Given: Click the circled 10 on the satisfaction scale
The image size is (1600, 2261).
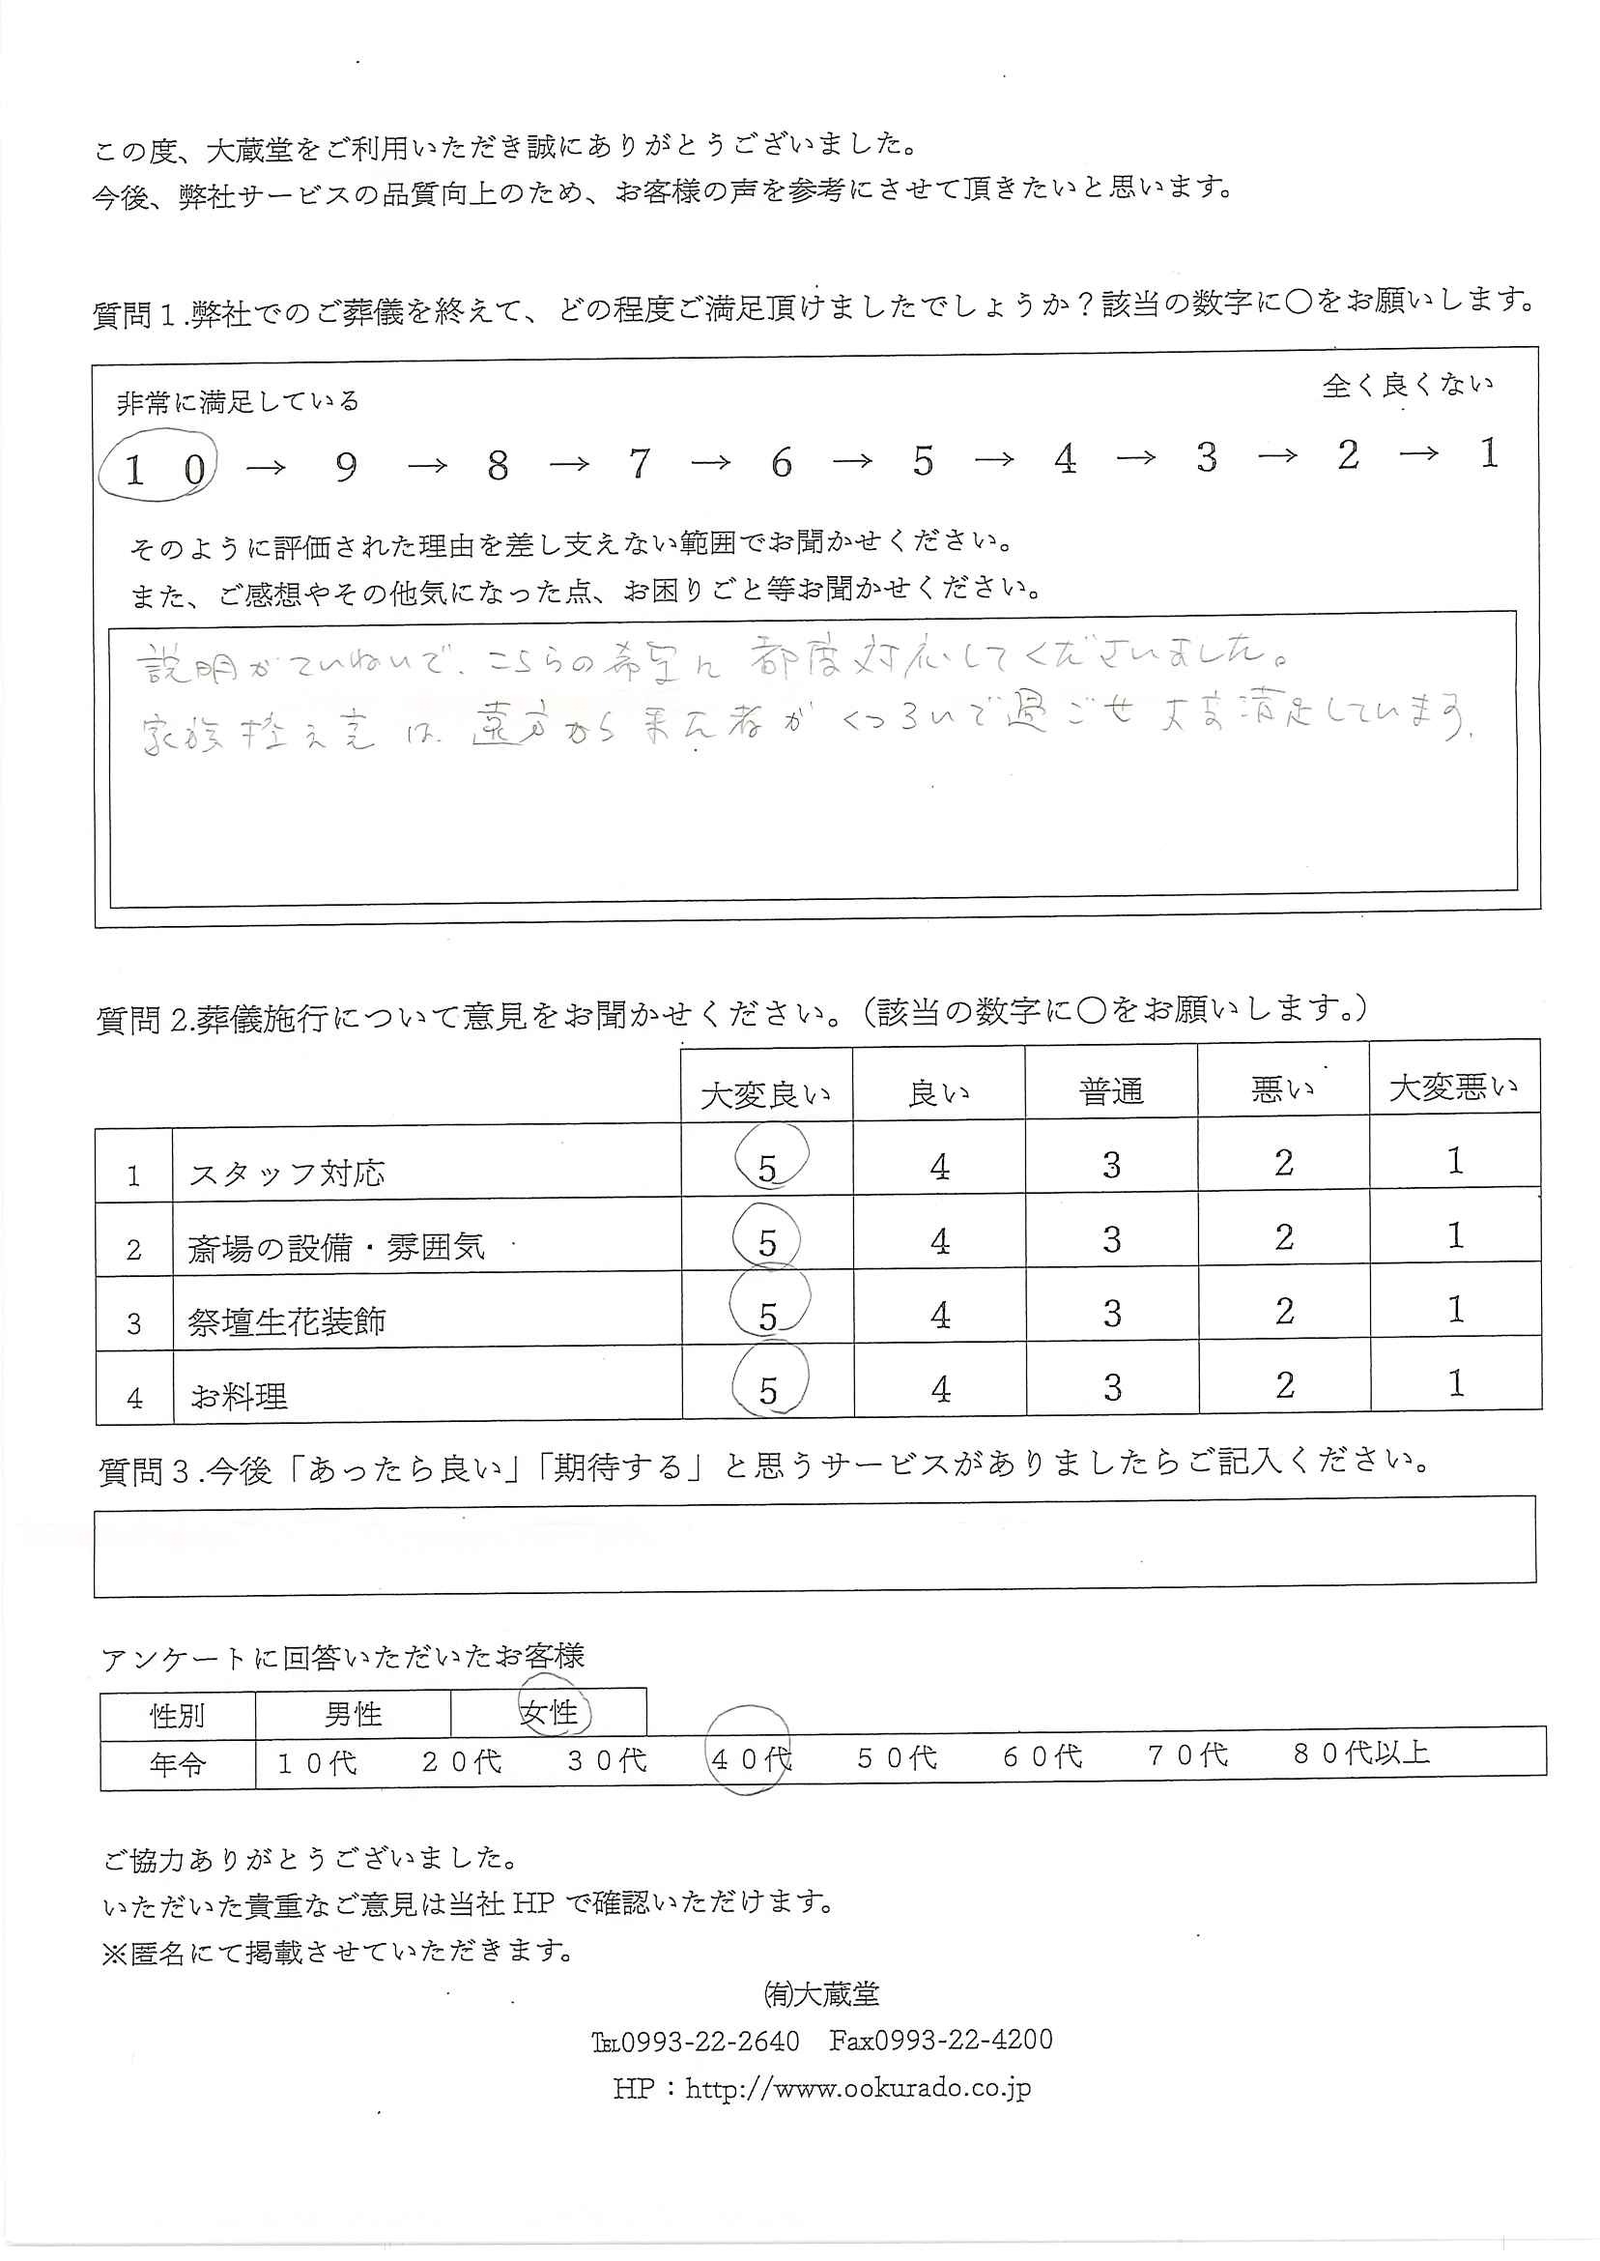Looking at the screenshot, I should [159, 469].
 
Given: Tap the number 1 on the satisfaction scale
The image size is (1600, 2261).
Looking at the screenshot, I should [1489, 453].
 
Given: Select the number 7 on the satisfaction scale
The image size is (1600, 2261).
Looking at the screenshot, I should [640, 462].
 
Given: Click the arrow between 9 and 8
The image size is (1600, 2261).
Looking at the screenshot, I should [427, 465].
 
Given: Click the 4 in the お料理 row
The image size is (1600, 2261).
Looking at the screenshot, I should [941, 1390].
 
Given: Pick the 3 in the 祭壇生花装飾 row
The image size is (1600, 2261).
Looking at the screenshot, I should [1112, 1314].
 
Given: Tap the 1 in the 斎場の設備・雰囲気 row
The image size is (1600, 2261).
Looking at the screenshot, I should [1456, 1236].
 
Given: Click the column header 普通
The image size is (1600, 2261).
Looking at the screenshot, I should [1111, 1091].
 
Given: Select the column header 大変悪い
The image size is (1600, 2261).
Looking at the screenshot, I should [1454, 1087].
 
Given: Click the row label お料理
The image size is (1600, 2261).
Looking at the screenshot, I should [240, 1396].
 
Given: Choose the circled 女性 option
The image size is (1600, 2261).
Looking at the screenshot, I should [550, 1713].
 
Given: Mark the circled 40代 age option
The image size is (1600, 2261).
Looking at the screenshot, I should [751, 1759].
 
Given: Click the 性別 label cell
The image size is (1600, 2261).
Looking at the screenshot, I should [178, 1716].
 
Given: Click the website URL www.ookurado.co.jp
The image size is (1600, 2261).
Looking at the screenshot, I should [857, 2088].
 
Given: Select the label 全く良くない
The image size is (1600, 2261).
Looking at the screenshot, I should [1408, 385].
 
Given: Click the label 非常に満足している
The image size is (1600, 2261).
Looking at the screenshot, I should [238, 402].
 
